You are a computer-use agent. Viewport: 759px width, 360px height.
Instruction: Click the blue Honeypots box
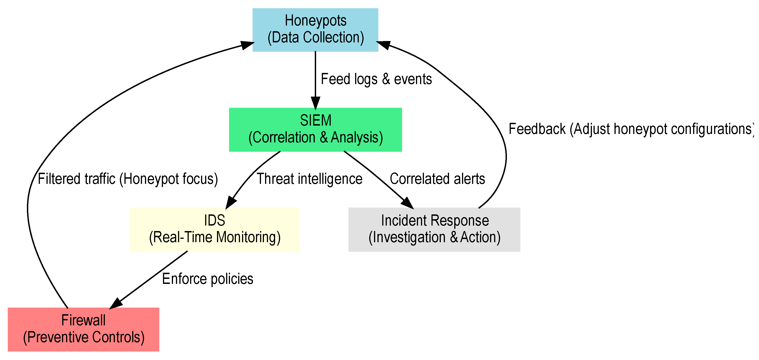coord(315,30)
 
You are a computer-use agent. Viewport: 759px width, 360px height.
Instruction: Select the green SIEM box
coord(315,130)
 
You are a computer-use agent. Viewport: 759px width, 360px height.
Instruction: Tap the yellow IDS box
coord(214,229)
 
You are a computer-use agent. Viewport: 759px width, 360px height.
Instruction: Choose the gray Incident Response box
coord(434,229)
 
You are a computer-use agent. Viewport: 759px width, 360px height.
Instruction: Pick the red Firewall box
coord(83,329)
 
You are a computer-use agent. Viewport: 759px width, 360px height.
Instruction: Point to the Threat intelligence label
coord(309,179)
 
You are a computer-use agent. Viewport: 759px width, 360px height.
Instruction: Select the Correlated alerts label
coord(437,179)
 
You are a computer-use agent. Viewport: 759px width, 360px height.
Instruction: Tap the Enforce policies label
coord(207,279)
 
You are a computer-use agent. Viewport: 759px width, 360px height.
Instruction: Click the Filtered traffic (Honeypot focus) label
coord(128,179)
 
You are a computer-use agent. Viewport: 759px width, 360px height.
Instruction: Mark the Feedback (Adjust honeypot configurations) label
coord(630,129)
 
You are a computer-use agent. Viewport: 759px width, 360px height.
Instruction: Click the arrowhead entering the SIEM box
coord(315,104)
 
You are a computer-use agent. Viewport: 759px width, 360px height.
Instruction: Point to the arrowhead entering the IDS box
coord(230,203)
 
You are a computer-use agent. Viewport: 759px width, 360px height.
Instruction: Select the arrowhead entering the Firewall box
coord(116,304)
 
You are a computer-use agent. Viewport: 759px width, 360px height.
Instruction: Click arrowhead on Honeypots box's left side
coord(247,45)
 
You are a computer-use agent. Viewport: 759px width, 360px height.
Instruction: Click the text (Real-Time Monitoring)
coord(214,237)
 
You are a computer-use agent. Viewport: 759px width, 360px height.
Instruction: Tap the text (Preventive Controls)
coord(84,337)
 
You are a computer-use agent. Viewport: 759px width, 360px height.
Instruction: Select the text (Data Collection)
coord(315,37)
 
